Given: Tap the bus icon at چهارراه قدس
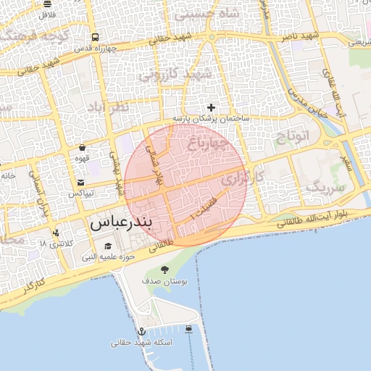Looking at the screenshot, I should [95, 38].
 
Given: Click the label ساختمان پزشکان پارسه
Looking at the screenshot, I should [211, 117].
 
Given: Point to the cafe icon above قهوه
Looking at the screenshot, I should [82, 147].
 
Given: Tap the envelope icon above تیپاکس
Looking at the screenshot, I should [80, 183].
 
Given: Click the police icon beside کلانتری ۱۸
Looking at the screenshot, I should [56, 233].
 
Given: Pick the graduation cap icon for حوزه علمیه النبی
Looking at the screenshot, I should [109, 246].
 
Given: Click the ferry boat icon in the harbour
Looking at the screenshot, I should [189, 328].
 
